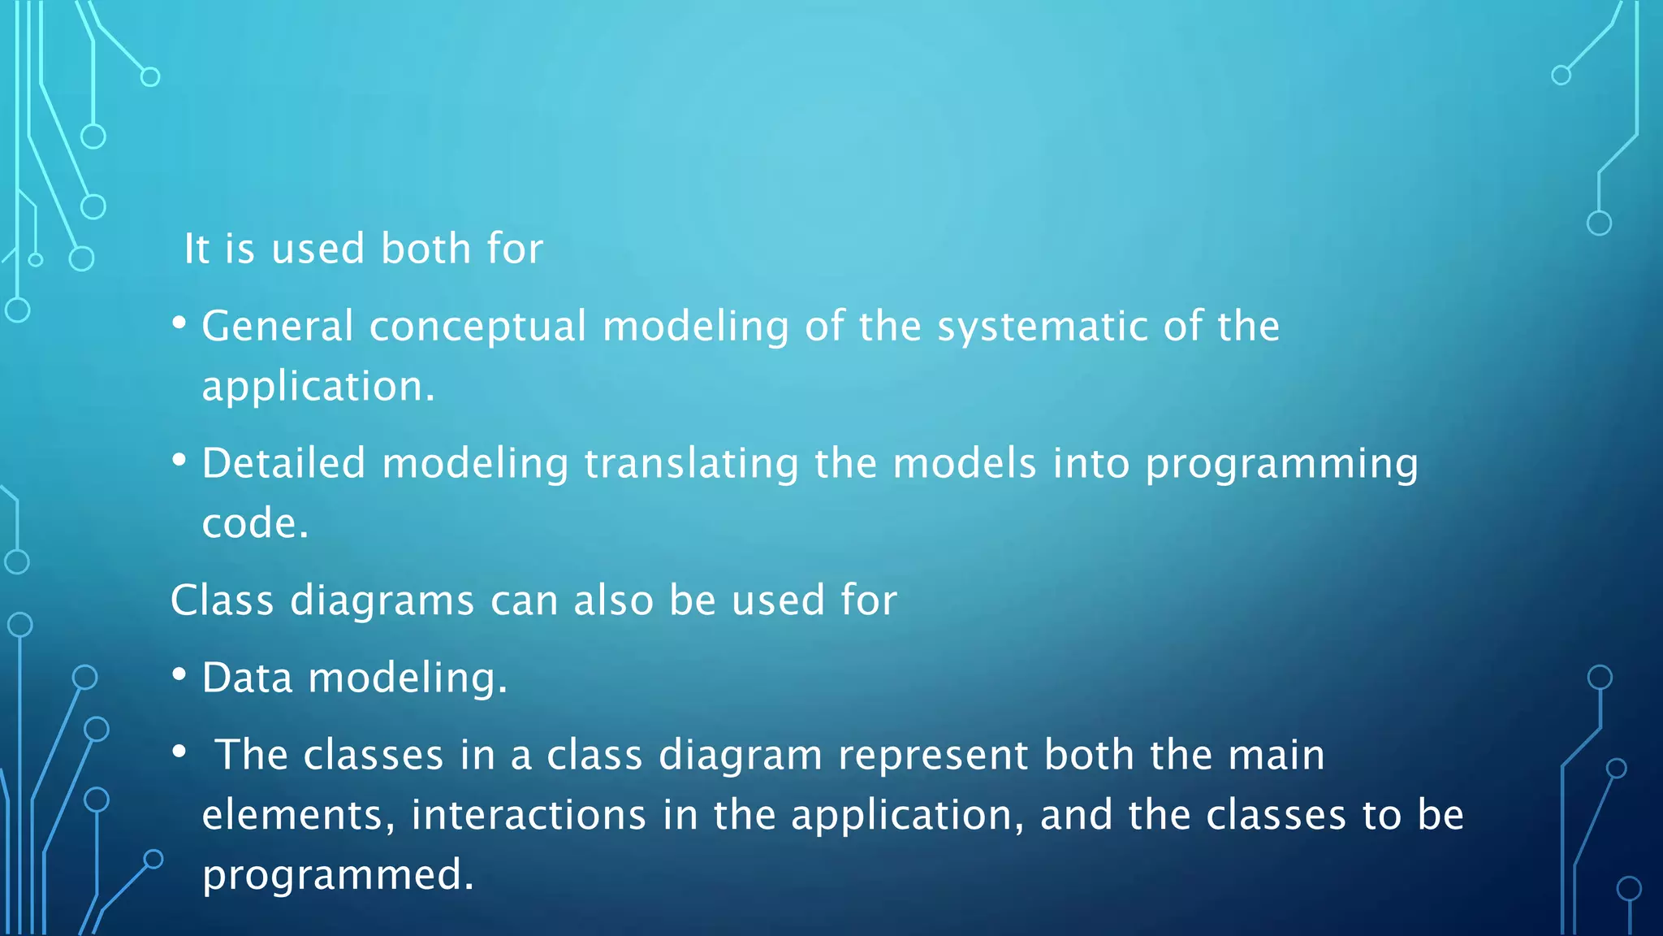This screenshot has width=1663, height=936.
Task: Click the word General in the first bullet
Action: [x=277, y=327]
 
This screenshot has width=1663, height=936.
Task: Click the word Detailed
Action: [x=283, y=464]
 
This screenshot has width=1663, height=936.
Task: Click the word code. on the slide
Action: [x=255, y=524]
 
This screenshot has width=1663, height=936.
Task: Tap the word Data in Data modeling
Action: [x=247, y=678]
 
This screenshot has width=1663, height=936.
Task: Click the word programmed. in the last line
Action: [x=338, y=876]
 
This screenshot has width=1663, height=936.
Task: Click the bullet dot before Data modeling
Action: [x=179, y=674]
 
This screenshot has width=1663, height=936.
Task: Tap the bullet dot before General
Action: [x=179, y=323]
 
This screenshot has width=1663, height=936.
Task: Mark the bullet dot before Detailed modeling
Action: [x=179, y=461]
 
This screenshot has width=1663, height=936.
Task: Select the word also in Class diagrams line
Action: [x=613, y=601]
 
